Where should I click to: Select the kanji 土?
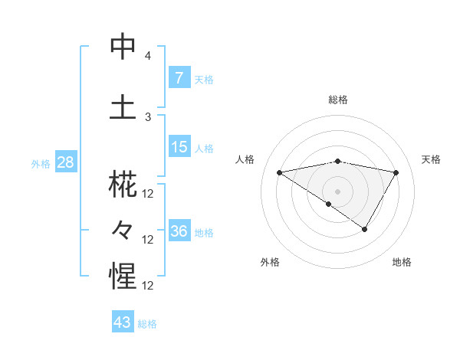coord(123,106)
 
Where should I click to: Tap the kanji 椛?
coord(123,186)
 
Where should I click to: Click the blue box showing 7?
coord(179,77)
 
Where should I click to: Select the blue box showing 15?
coord(179,147)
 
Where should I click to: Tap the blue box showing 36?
coord(179,231)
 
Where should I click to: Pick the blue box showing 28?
coord(65,162)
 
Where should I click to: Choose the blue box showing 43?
coord(123,322)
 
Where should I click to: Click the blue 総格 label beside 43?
coord(148,324)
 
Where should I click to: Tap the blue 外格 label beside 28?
coord(41,163)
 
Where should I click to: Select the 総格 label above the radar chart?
coord(338,100)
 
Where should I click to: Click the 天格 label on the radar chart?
coord(431,159)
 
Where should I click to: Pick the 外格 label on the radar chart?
coord(270,262)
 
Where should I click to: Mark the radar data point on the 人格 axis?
coord(280,172)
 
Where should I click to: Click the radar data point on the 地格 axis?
coord(365,229)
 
